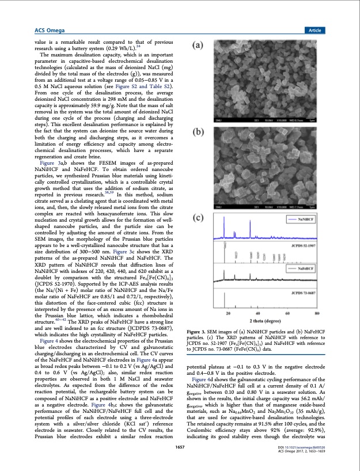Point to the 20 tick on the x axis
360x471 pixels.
pyautogui.click(x=229, y=313)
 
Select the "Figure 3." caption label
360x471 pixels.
pyautogui.click(x=205, y=332)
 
